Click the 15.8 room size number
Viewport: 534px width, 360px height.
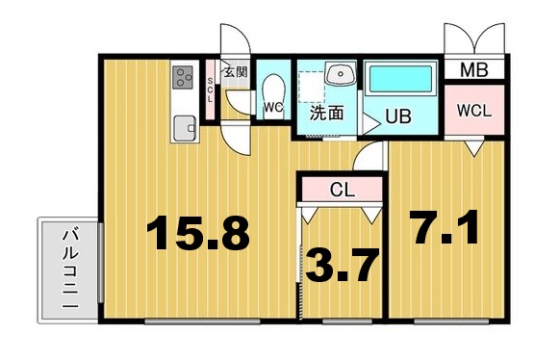click(x=198, y=233)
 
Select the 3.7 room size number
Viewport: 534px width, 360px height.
click(x=343, y=265)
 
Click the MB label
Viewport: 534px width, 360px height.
click(x=474, y=70)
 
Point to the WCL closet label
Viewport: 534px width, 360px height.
click(x=474, y=111)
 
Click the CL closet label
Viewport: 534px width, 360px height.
click(x=343, y=190)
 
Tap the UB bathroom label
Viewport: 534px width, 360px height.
click(x=398, y=116)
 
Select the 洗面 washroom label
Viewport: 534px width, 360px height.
click(x=326, y=113)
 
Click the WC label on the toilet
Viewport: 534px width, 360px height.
click(x=273, y=108)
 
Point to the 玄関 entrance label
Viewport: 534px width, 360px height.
click(x=236, y=71)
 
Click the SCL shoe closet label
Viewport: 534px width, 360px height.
click(x=210, y=90)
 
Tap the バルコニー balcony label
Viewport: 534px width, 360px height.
click(x=71, y=269)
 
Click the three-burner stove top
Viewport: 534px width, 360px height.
click(x=183, y=78)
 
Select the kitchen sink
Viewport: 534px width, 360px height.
click(x=185, y=128)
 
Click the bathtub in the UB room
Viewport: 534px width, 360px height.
click(x=400, y=79)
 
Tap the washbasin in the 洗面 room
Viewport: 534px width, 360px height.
click(x=340, y=72)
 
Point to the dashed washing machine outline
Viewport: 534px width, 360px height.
click(x=312, y=87)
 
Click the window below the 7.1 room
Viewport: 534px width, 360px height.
click(x=451, y=321)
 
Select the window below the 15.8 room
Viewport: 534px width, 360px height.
click(x=202, y=321)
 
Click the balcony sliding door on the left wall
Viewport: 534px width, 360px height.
click(x=101, y=262)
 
